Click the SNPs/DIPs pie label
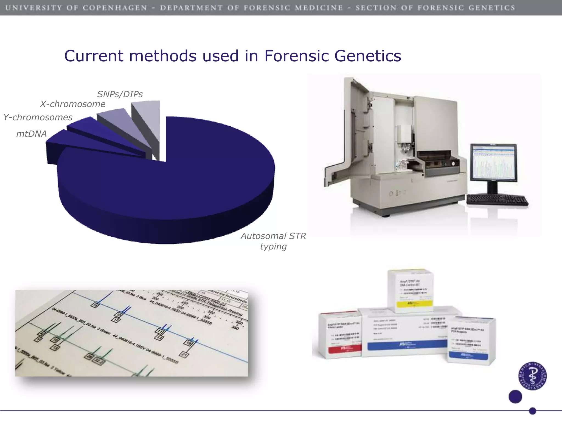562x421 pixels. [x=120, y=94]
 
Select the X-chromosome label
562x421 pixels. [x=73, y=104]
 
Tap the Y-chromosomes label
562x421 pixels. [x=38, y=117]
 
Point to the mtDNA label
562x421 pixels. [x=32, y=134]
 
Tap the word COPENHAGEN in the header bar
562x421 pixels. [x=115, y=8]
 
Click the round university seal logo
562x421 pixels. [x=533, y=376]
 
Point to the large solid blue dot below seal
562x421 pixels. [x=515, y=397]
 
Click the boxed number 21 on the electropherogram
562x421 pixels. [x=184, y=355]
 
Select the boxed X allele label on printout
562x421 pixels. [x=42, y=333]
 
